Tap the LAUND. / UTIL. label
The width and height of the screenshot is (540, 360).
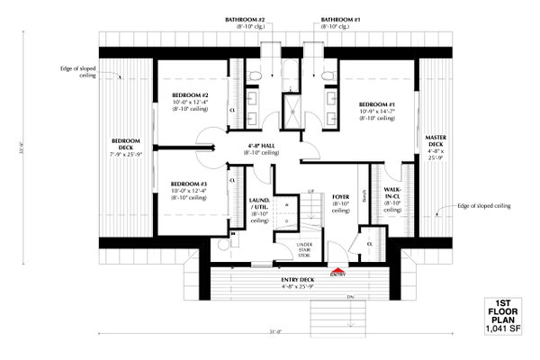coord(258,206)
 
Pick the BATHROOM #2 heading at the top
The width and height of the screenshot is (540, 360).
coord(243,20)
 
